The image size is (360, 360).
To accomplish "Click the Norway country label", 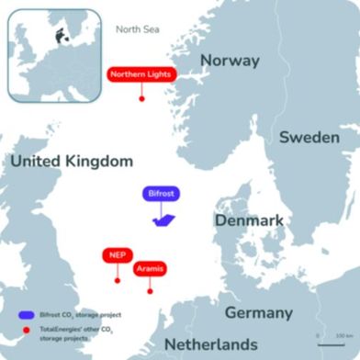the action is (230, 61).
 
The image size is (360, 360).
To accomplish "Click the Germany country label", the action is (259, 311).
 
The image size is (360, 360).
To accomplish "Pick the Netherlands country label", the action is (210, 343).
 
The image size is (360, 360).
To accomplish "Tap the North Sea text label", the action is (138, 28).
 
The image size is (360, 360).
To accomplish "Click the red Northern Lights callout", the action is (141, 75).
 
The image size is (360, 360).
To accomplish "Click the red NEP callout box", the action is (117, 254).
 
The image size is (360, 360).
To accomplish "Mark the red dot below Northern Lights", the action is (141, 99).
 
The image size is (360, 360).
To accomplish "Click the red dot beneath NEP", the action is (117, 278).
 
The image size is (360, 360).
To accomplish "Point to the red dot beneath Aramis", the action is (149, 293).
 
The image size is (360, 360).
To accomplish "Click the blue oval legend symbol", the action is (26, 314).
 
